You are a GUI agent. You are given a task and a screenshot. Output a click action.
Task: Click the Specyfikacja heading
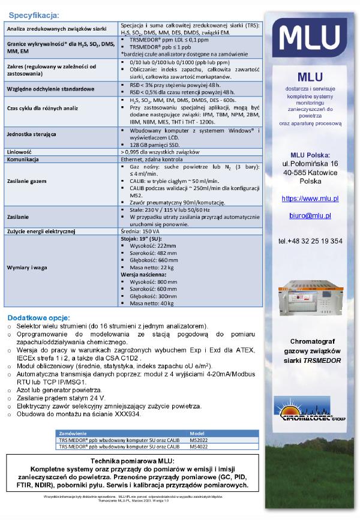coord(34,14)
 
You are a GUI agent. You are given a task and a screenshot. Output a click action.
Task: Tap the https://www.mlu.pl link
coord(310,198)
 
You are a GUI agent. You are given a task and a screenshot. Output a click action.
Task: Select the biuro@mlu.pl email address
coord(310,215)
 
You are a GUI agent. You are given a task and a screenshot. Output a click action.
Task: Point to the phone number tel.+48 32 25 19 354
coord(310,241)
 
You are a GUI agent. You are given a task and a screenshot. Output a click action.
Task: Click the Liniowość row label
coord(17,152)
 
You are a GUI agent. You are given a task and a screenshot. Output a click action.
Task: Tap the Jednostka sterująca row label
coord(31,136)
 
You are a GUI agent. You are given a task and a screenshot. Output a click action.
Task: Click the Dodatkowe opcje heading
coord(38,317)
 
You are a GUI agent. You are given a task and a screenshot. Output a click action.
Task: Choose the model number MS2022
coord(199,439)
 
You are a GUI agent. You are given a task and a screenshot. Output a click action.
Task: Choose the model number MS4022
coord(199,446)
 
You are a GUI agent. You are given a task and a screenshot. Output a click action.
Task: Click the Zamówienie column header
coord(72,432)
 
